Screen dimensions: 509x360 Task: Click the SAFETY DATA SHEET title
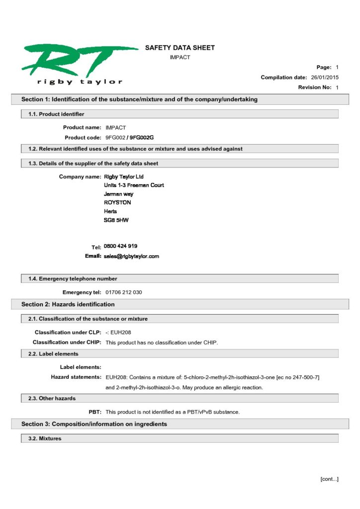point(180,48)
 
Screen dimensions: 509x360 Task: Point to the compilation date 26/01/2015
point(325,77)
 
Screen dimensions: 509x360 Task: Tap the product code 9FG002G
point(142,137)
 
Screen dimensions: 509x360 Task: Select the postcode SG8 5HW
point(116,220)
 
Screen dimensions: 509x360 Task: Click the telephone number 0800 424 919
point(121,246)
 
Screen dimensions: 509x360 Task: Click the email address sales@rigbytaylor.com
point(132,256)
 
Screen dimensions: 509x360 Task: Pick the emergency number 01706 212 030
point(124,292)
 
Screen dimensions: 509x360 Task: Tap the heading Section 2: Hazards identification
point(68,304)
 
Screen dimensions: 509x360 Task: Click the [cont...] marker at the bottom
point(329,479)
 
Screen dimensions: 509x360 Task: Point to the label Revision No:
point(315,87)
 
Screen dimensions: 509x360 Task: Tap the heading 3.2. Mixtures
point(45,439)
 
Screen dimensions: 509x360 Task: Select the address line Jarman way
point(119,194)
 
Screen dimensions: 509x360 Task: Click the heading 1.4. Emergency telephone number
point(73,279)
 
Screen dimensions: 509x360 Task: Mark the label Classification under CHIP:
point(67,342)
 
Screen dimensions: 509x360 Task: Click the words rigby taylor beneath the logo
point(80,82)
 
